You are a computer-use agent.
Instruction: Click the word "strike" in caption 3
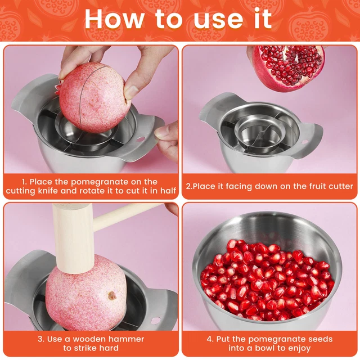tap(92, 349)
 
